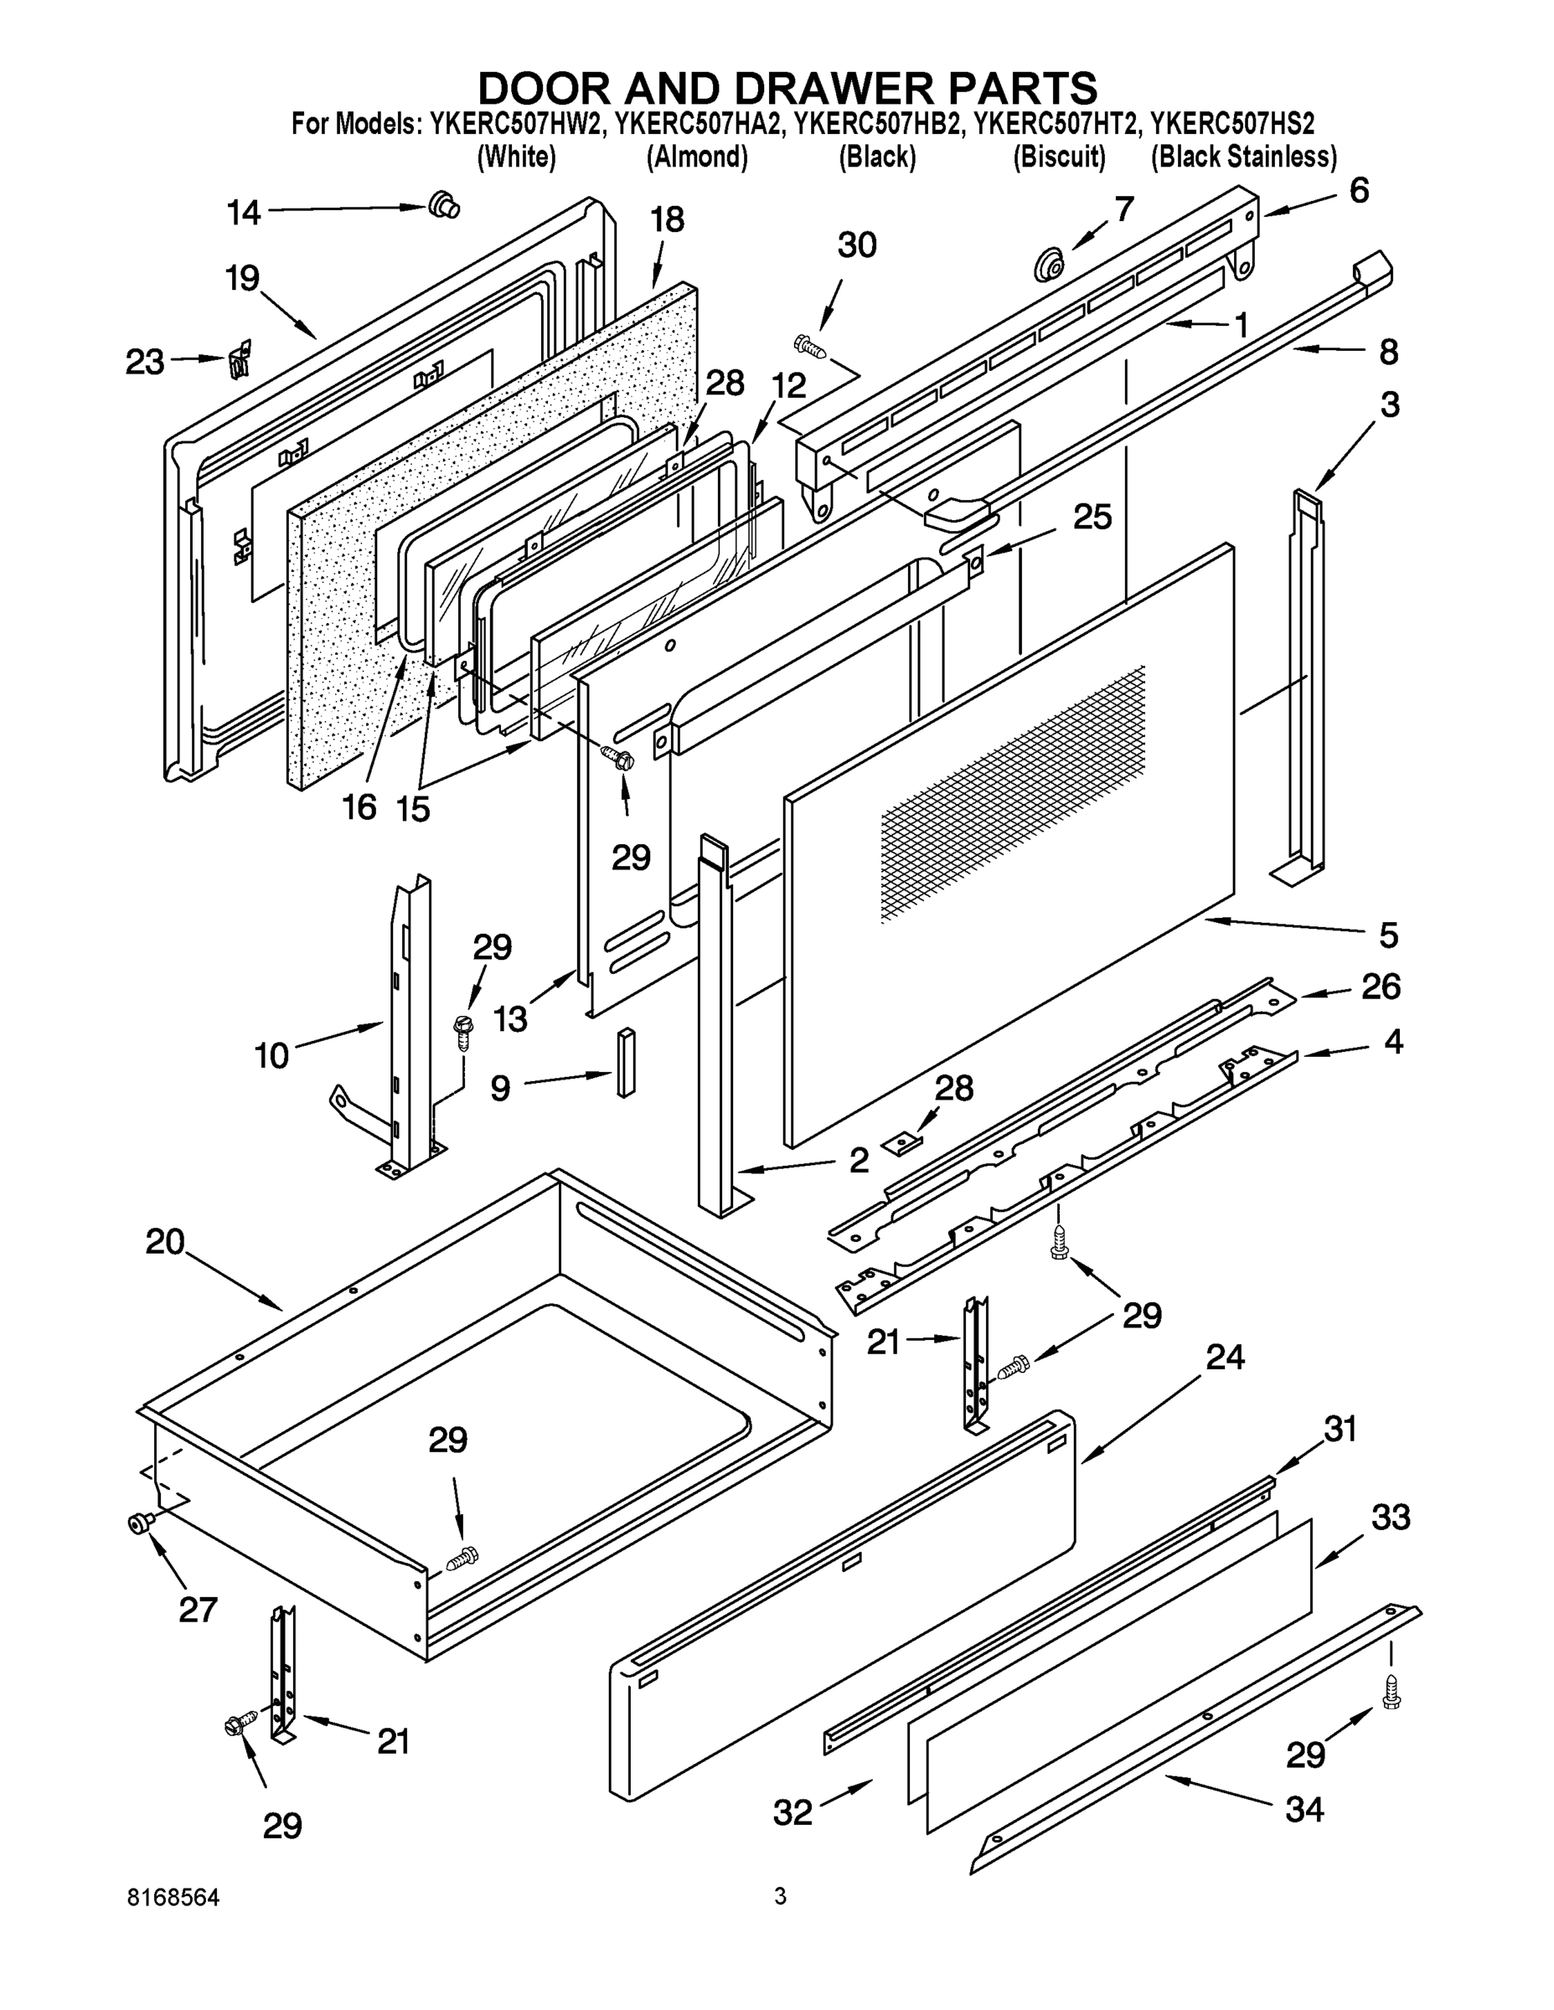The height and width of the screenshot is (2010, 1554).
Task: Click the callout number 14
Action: pos(244,214)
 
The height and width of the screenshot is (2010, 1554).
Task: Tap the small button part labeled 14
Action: pos(445,204)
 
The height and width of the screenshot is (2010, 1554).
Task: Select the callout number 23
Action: pos(145,362)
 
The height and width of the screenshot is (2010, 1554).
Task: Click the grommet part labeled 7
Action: pos(1046,265)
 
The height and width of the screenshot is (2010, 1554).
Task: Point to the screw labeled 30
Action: pos(809,346)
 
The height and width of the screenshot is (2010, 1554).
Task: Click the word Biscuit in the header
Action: pos(1059,157)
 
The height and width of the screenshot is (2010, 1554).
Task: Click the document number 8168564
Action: pos(173,1897)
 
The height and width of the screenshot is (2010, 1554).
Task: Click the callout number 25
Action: pos(1092,518)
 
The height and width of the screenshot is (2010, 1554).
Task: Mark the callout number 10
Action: pos(271,1054)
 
